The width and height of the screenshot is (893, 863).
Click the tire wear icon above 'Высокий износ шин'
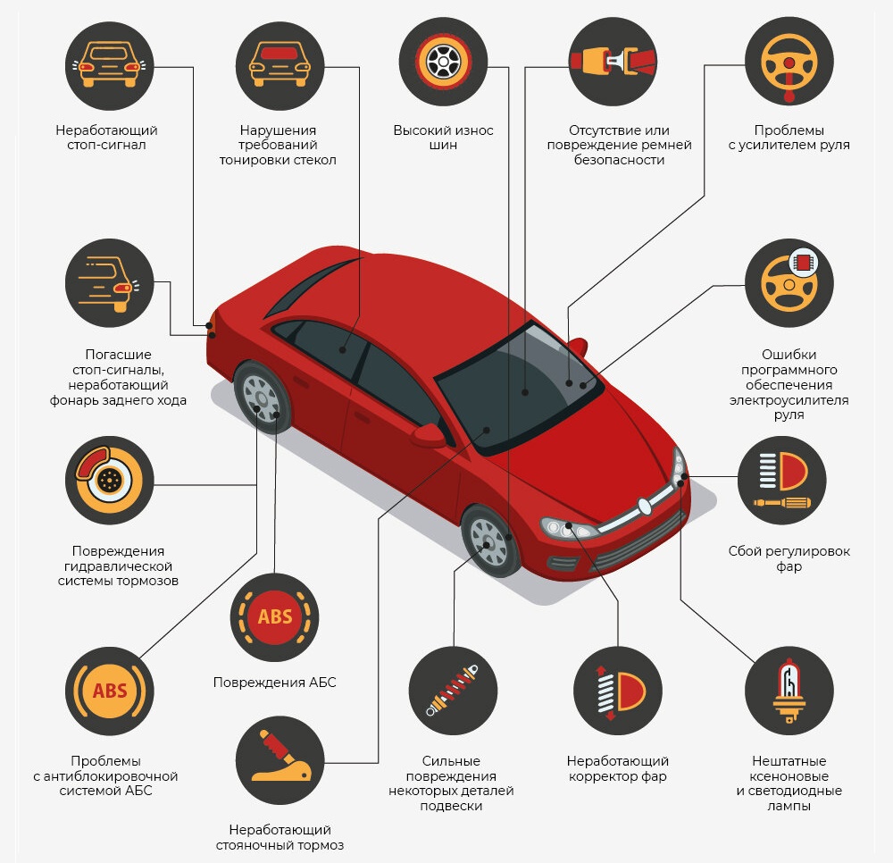(443, 62)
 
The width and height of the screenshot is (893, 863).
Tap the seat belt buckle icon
(613, 62)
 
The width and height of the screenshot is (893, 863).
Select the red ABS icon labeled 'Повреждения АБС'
(274, 617)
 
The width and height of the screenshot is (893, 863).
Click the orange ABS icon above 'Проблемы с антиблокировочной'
(109, 691)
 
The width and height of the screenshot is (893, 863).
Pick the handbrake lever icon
(280, 760)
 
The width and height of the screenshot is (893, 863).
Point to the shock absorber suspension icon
(453, 691)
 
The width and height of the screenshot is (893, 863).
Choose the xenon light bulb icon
(789, 691)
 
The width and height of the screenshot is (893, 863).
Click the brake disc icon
(109, 481)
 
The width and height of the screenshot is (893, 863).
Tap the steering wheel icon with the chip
(789, 282)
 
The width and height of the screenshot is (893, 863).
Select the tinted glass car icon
(280, 65)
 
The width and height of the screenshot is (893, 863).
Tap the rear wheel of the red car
(262, 395)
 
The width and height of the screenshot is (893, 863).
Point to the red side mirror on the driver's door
(429, 436)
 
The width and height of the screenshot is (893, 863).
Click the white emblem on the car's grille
(644, 507)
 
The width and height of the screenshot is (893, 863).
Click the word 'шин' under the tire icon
(443, 146)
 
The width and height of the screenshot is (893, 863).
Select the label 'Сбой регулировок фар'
(789, 559)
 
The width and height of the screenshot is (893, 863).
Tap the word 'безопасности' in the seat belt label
(619, 160)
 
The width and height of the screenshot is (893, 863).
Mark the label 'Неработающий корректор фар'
(618, 768)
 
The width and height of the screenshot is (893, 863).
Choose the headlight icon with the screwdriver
(781, 481)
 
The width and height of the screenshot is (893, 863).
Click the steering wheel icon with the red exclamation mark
(789, 62)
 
